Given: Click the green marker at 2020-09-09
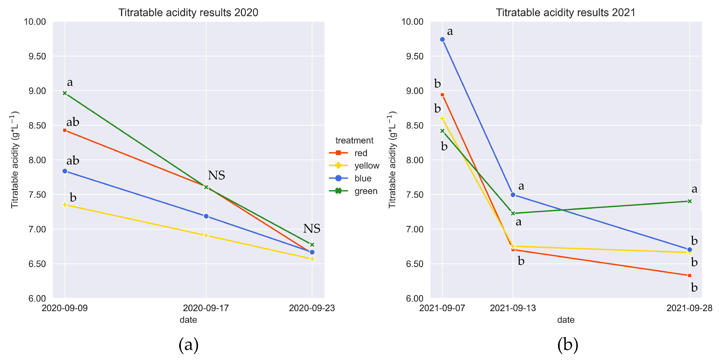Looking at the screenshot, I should pyautogui.click(x=65, y=93).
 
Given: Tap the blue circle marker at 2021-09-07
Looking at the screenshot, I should pyautogui.click(x=442, y=40).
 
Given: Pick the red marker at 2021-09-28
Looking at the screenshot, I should pyautogui.click(x=689, y=275).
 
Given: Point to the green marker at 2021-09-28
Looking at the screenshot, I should pyautogui.click(x=689, y=201).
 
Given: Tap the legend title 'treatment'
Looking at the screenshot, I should pyautogui.click(x=354, y=140).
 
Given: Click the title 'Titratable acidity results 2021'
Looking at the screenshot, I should pyautogui.click(x=565, y=12).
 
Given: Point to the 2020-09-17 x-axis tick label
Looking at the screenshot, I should pyautogui.click(x=206, y=308).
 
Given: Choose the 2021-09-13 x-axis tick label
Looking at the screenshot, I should pyautogui.click(x=513, y=308).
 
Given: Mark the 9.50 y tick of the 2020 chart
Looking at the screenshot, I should pyautogui.click(x=37, y=56).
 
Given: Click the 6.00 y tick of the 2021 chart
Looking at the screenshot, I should pyautogui.click(x=414, y=299).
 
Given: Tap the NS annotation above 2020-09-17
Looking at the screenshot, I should pyautogui.click(x=216, y=176).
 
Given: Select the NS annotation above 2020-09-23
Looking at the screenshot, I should pyautogui.click(x=312, y=229).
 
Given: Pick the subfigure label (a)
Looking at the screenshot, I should pyautogui.click(x=188, y=345).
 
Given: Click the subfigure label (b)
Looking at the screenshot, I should pyautogui.click(x=568, y=345).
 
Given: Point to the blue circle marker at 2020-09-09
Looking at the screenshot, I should pyautogui.click(x=65, y=171).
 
